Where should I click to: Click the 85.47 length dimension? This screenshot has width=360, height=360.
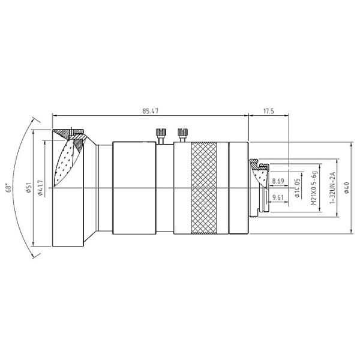coord(150,110)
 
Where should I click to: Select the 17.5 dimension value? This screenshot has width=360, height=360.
coord(269,110)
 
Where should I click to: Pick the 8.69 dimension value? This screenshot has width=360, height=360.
coord(278,181)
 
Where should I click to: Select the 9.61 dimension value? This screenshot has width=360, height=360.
coord(278,197)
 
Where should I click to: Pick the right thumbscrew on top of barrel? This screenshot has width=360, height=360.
coord(182,133)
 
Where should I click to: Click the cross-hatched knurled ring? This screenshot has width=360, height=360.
coord(202,188)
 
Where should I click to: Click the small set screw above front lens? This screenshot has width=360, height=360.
coord(72,130)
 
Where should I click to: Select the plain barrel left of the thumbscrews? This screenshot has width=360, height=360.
coord(134,188)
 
